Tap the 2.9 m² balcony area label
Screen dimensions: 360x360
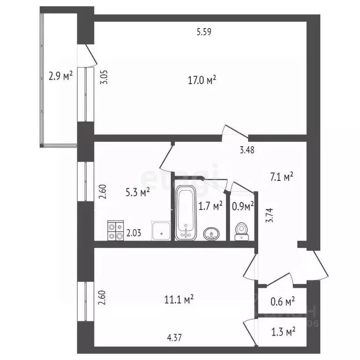pyautogui.click(x=60, y=75)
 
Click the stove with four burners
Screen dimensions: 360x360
pyautogui.click(x=115, y=230)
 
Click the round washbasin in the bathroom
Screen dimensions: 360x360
pyautogui.click(x=212, y=233)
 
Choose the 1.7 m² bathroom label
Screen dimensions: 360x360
pyautogui.click(x=210, y=205)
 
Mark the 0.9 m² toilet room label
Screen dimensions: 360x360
pyautogui.click(x=243, y=205)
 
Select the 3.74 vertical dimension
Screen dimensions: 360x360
pyautogui.click(x=269, y=216)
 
